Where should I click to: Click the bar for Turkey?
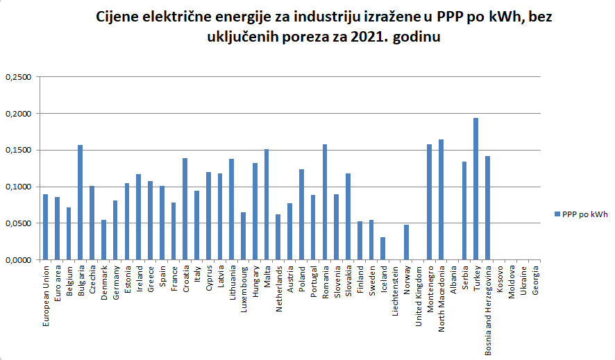475,189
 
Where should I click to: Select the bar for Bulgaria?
80,202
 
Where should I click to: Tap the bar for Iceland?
382,248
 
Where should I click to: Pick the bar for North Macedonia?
441,200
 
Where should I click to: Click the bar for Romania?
324,202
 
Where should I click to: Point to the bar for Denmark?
103,240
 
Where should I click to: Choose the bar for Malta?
266,205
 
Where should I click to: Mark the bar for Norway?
406,242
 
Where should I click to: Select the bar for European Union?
45,227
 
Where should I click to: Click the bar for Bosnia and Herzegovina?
487,208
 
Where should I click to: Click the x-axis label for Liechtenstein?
395,291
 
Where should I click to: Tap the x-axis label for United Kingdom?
418,294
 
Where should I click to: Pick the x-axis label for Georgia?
534,280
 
